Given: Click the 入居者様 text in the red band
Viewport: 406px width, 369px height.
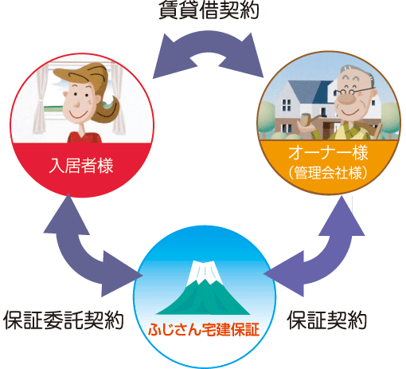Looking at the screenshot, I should click(x=81, y=167).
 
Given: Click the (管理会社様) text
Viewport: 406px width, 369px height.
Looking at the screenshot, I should click(x=327, y=171).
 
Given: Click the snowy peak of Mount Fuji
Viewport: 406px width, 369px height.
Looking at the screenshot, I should click(x=205, y=272).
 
